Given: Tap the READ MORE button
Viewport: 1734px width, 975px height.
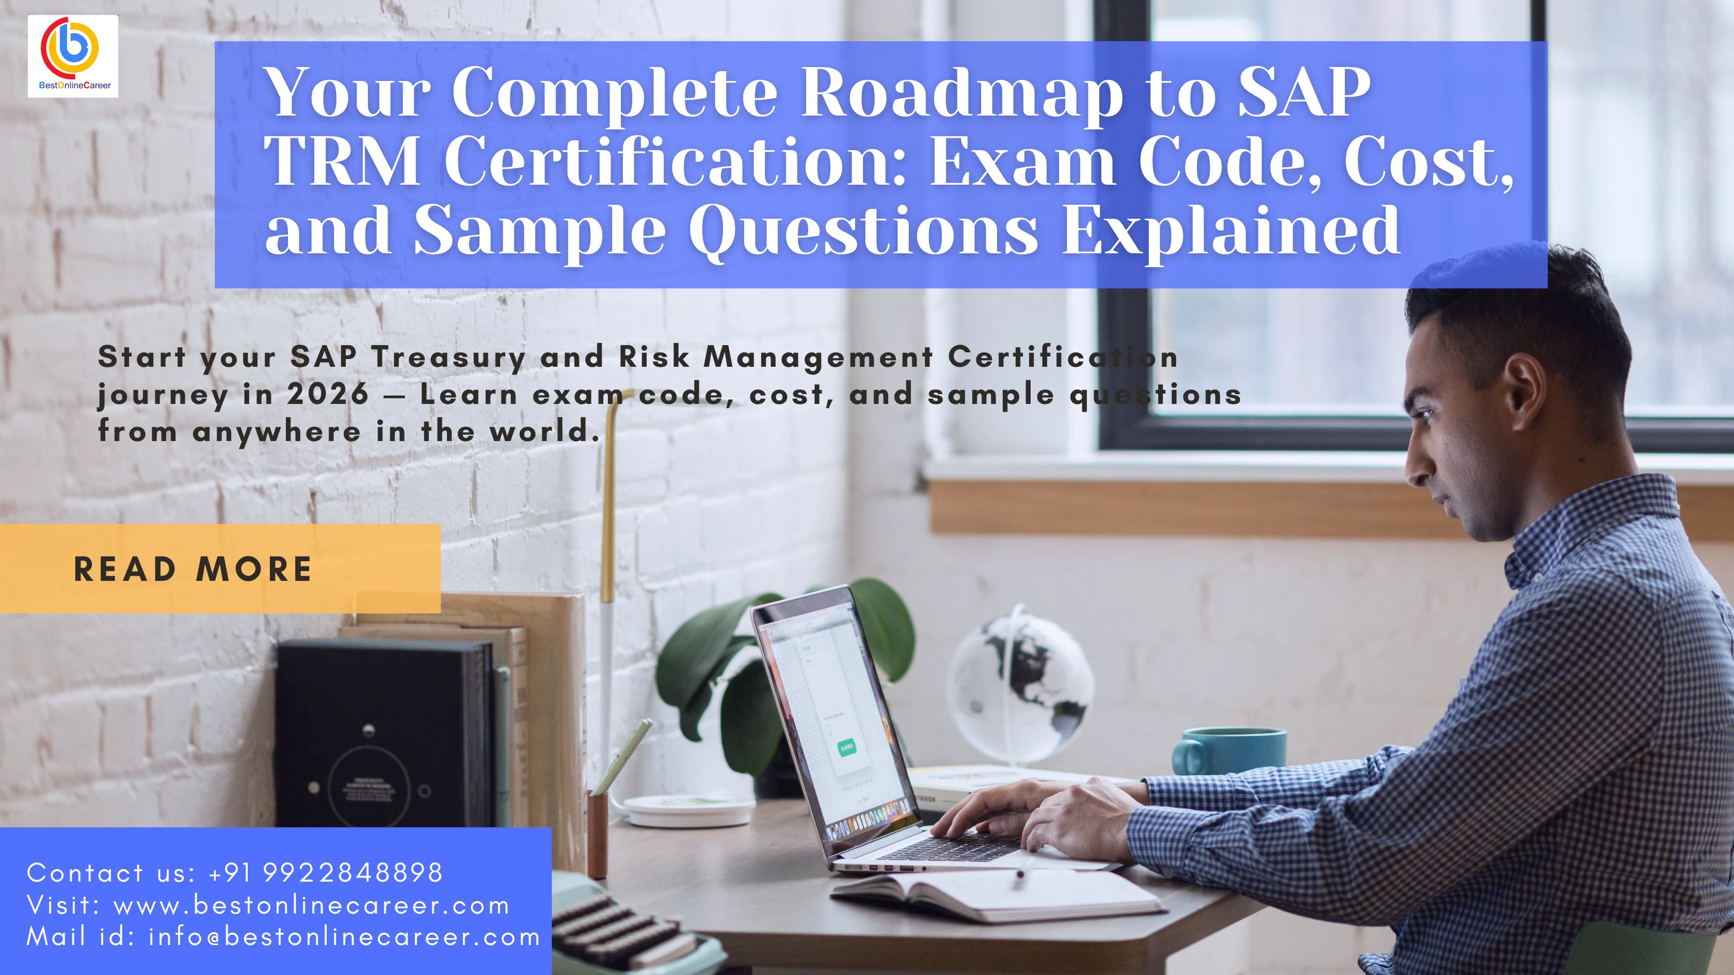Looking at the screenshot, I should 193,569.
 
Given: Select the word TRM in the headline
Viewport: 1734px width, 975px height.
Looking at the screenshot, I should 343,161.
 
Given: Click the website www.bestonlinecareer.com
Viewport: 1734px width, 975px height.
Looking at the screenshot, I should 312,906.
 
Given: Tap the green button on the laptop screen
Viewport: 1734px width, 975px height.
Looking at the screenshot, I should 846,747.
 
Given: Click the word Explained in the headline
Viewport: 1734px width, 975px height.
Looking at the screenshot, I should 1231,231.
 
